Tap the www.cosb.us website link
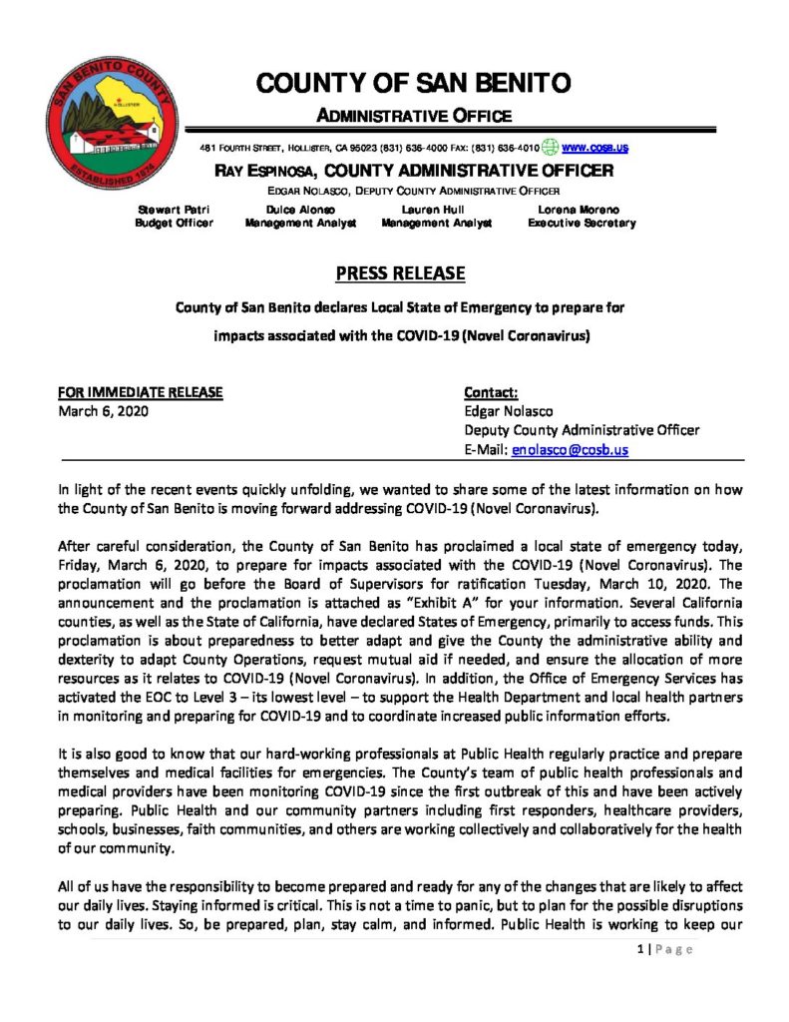coord(595,148)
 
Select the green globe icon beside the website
coord(551,148)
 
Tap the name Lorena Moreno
coord(580,210)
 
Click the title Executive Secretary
coord(581,224)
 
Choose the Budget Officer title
coord(174,224)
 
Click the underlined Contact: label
coord(492,392)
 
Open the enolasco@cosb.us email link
coord(570,450)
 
